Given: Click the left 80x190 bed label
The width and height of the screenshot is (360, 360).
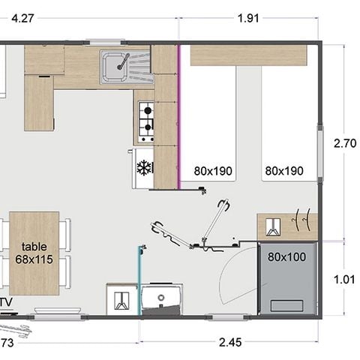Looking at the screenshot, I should pos(213,171).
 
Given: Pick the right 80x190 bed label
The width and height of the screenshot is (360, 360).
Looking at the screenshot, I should pos(284,171).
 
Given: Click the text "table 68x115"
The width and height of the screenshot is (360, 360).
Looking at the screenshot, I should pos(34,252).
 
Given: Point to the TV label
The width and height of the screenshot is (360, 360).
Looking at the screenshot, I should pos(6,303).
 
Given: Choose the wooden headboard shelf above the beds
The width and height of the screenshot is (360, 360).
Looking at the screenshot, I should pos(248,55).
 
